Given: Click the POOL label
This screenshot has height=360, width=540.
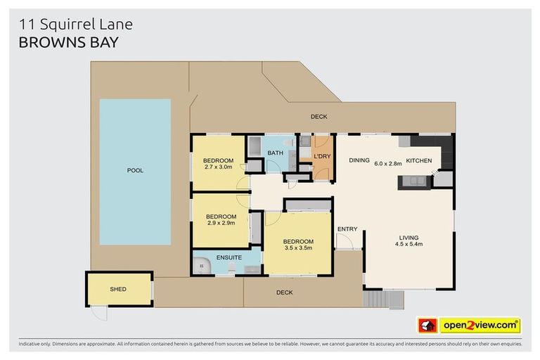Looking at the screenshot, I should click(135, 170).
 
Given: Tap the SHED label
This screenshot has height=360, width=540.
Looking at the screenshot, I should click(118, 289).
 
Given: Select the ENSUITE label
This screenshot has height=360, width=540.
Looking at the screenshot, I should click(228, 257).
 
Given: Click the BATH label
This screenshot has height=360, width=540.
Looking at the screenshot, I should click(275, 153).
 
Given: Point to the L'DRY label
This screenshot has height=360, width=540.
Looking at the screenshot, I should click(322, 156).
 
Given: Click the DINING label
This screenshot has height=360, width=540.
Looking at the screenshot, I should click(359, 160).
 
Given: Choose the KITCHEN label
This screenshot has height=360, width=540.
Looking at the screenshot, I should click(419, 161).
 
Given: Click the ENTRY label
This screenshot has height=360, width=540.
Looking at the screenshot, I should click(347, 229).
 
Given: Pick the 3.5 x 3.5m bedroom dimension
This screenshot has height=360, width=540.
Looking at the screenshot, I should click(298, 248).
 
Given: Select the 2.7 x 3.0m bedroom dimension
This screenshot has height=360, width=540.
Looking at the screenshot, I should click(219, 167).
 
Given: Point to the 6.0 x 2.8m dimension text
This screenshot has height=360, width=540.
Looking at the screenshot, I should click(387, 163).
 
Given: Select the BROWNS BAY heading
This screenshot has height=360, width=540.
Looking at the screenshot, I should click(68, 42).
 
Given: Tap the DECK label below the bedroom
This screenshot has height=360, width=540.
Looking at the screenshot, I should click(284, 292).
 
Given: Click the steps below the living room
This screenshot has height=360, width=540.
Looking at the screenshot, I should click(383, 300).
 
